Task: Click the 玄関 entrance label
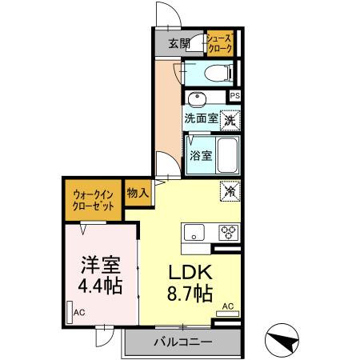click(x=179, y=43)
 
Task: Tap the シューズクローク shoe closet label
click(x=219, y=43)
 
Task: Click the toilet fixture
click(x=214, y=73)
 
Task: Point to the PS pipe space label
click(x=234, y=96)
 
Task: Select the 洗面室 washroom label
click(x=200, y=118)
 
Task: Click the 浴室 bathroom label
click(x=201, y=154)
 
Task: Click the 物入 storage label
click(x=137, y=193)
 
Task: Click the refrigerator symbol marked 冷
click(x=229, y=192)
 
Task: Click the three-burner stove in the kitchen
click(x=228, y=233)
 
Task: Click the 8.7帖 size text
click(x=189, y=293)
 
